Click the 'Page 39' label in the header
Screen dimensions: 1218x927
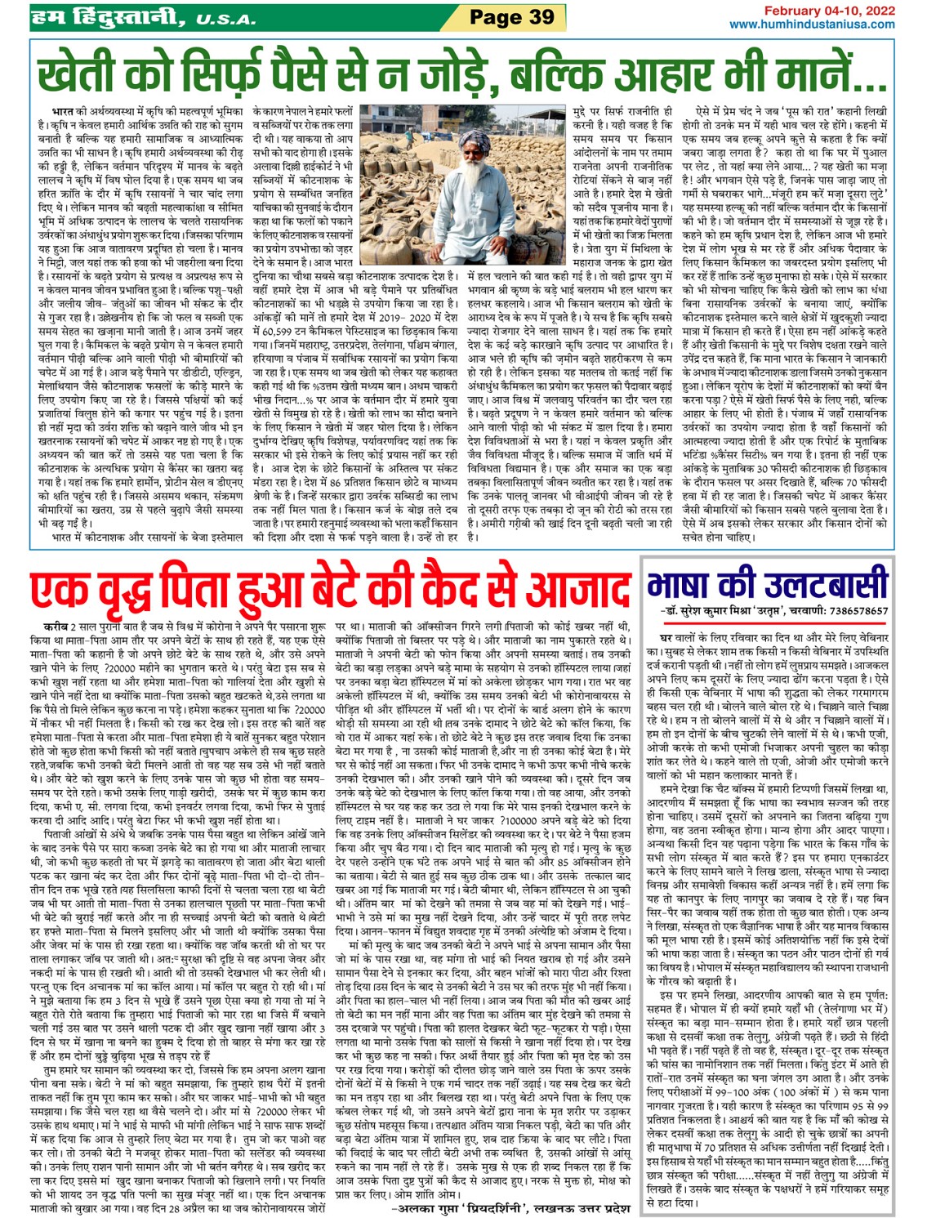[511, 17]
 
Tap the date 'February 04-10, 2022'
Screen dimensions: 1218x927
[828, 10]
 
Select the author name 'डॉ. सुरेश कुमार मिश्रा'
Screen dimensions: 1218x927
[711, 611]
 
